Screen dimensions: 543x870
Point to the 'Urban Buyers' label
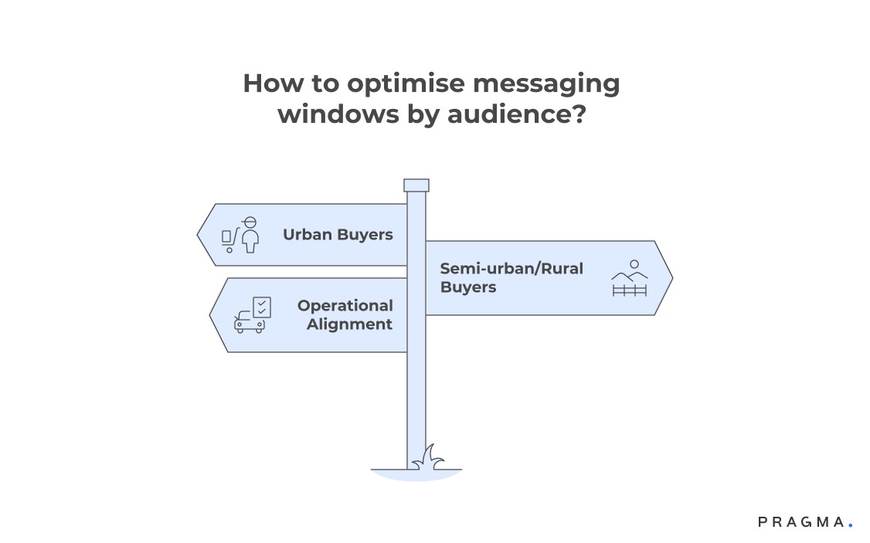click(x=338, y=234)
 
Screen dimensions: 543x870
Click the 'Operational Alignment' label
click(x=345, y=315)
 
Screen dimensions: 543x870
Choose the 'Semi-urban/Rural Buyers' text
click(x=511, y=277)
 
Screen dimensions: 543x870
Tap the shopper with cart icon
click(x=240, y=235)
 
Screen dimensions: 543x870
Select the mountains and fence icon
click(x=629, y=280)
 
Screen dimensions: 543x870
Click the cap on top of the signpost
click(x=416, y=185)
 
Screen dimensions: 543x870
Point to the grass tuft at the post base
click(x=428, y=458)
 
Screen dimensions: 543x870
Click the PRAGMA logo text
click(x=801, y=522)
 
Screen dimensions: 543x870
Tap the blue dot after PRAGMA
click(x=850, y=524)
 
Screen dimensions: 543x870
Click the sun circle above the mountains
click(x=634, y=264)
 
